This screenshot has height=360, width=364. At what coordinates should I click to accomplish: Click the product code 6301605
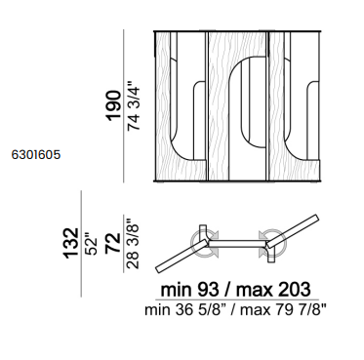(x=36, y=155)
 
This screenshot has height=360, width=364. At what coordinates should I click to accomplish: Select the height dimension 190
(x=114, y=105)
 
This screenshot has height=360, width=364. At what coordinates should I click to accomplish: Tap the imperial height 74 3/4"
(x=134, y=105)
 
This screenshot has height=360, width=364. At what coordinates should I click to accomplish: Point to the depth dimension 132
(x=71, y=243)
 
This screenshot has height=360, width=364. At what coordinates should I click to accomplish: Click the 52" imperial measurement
(x=91, y=244)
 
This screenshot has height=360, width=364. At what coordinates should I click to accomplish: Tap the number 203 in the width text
(x=295, y=289)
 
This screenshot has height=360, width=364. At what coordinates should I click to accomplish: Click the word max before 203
(x=255, y=290)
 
